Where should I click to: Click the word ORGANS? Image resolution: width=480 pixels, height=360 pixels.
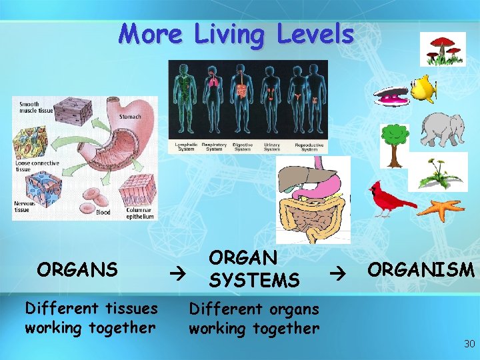pyautogui.click(x=77, y=269)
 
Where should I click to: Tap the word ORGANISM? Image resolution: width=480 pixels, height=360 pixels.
pyautogui.click(x=421, y=270)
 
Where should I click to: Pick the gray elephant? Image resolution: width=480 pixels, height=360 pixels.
pyautogui.click(x=443, y=129)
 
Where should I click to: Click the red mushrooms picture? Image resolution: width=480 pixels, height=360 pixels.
pyautogui.click(x=443, y=49)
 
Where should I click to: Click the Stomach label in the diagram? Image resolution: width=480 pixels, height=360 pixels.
pyautogui.click(x=129, y=117)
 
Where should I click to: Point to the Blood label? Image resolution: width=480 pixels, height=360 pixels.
pyautogui.click(x=103, y=212)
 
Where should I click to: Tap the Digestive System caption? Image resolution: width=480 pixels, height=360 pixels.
pyautogui.click(x=239, y=147)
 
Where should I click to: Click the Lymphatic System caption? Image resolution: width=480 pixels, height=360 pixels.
pyautogui.click(x=185, y=147)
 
